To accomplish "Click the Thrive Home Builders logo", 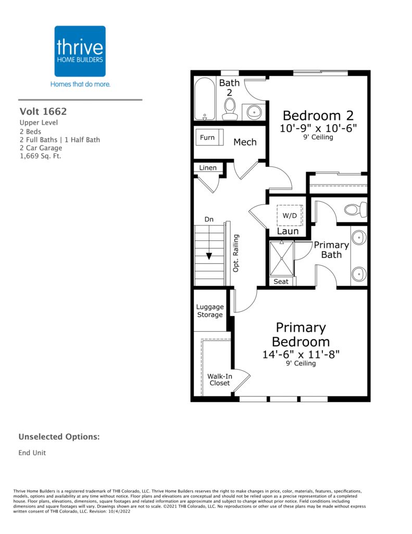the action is click(x=80, y=51).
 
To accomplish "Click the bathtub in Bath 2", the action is click(x=205, y=99).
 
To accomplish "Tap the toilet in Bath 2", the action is click(x=230, y=110).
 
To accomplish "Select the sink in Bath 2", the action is click(x=254, y=112).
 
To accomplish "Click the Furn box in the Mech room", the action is click(x=209, y=138).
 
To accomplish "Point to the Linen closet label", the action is click(x=208, y=167).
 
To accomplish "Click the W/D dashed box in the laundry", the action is click(x=290, y=215).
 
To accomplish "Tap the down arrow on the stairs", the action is click(x=209, y=256).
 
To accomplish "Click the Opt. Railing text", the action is click(x=235, y=253).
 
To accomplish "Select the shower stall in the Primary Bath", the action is click(x=282, y=259).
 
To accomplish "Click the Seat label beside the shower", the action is click(x=281, y=281).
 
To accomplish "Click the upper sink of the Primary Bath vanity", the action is click(x=359, y=238).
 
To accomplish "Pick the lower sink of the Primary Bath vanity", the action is click(x=359, y=274).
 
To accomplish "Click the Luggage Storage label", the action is click(x=210, y=311).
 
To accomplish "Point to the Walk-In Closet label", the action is click(x=220, y=380).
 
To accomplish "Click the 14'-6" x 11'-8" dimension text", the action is click(x=301, y=354).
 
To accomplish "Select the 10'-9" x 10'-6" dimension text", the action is click(x=318, y=128).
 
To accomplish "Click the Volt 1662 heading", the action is click(x=43, y=112).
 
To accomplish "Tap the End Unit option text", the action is click(x=32, y=453).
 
